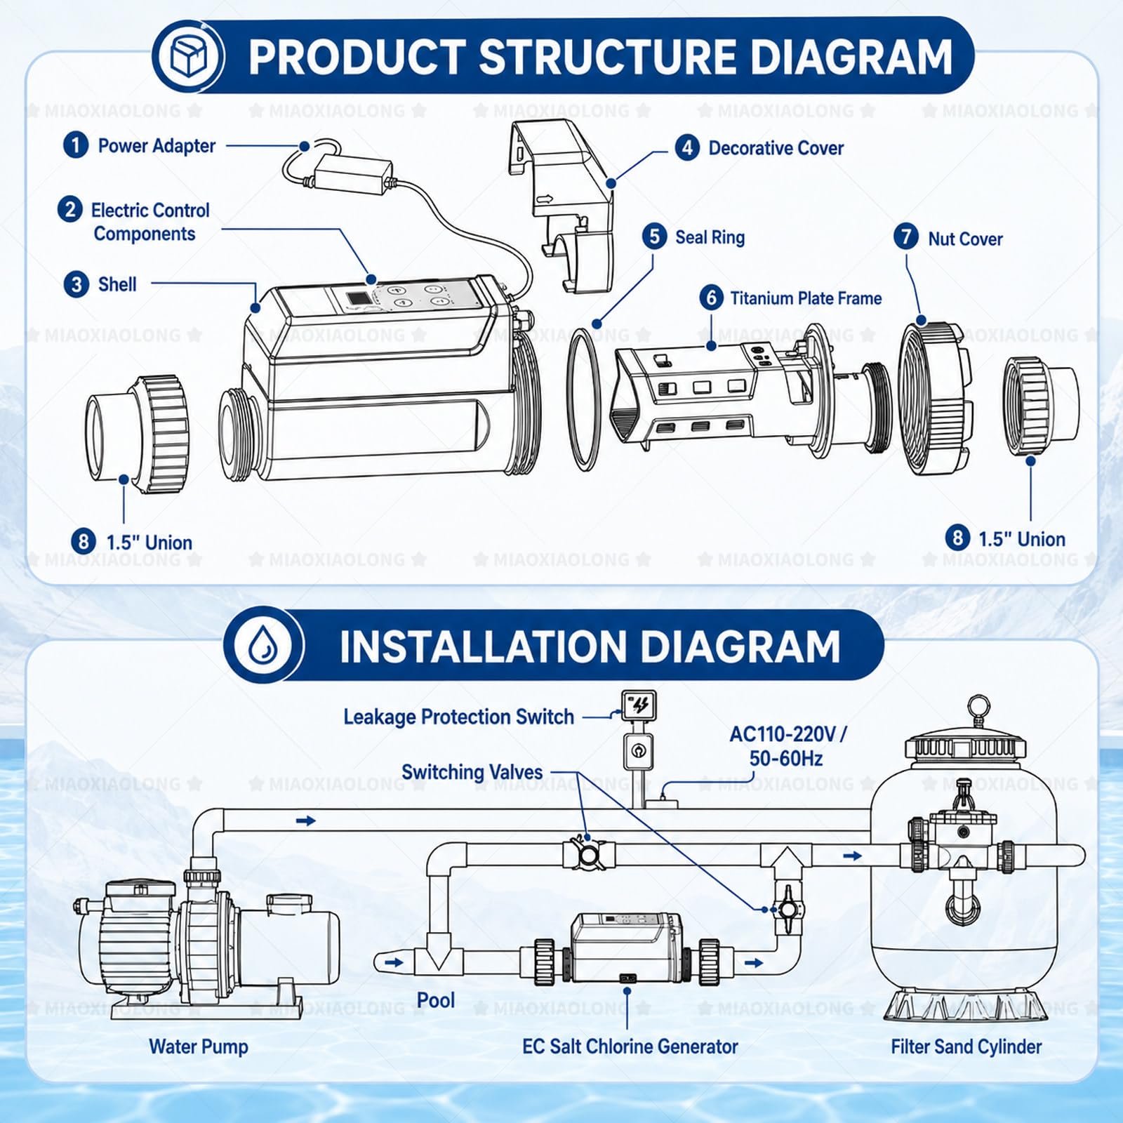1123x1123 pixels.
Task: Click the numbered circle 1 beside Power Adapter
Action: click(76, 146)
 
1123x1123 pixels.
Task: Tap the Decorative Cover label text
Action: click(776, 148)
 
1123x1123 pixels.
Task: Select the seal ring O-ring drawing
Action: click(584, 401)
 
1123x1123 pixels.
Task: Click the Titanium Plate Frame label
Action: click(806, 298)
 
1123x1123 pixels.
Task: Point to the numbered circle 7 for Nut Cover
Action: click(905, 237)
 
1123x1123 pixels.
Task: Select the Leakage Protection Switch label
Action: click(458, 717)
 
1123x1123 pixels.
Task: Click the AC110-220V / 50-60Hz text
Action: click(788, 746)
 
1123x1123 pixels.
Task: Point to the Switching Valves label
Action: click(472, 772)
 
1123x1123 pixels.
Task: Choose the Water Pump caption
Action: click(199, 1046)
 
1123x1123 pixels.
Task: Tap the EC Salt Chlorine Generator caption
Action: click(630, 1046)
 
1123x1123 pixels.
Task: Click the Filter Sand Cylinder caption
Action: click(966, 1046)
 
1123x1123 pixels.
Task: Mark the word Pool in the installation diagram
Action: click(436, 1000)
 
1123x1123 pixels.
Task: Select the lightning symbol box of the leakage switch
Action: click(639, 705)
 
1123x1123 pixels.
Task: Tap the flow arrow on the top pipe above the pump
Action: click(306, 820)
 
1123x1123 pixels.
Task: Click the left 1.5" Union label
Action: click(149, 543)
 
